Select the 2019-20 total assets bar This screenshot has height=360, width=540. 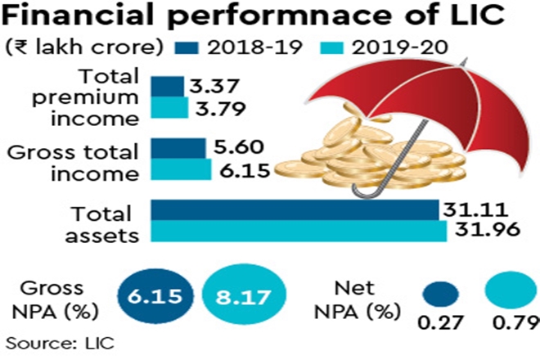(299, 231)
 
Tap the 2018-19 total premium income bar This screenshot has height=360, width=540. (167, 86)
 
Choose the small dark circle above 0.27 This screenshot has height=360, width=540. (443, 295)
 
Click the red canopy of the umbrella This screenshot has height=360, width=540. (458, 98)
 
